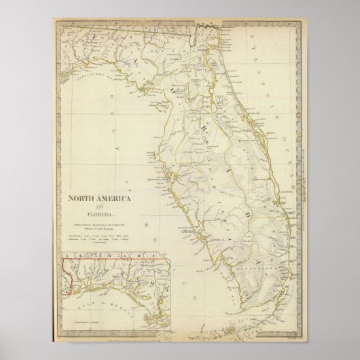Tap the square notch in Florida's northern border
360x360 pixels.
(x=202, y=26)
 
